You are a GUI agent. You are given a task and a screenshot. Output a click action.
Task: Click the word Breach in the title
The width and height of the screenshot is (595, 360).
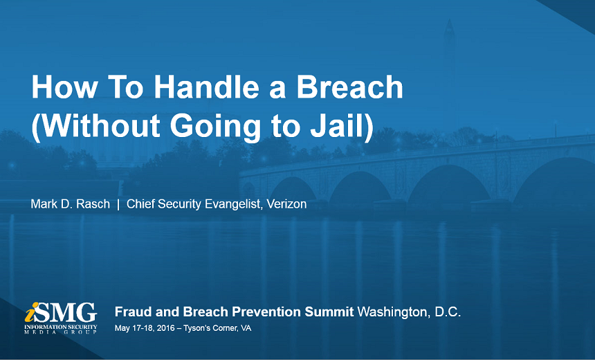click(x=349, y=87)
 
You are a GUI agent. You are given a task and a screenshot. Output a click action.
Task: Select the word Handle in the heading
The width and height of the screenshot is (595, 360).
click(x=206, y=87)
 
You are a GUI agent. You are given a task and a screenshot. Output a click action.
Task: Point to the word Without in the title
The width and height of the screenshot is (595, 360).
click(x=95, y=126)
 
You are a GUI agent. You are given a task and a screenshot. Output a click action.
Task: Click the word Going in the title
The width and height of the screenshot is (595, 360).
click(x=215, y=128)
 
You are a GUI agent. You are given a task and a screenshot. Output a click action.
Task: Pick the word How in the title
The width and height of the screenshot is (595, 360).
click(x=64, y=87)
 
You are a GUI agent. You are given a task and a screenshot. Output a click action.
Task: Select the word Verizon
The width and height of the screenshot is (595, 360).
click(x=286, y=204)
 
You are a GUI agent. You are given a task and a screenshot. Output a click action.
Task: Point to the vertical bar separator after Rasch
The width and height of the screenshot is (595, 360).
click(x=118, y=204)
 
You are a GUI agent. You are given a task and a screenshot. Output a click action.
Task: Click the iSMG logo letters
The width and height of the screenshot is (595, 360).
click(x=61, y=312)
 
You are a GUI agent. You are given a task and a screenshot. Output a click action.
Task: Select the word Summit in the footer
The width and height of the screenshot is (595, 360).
click(x=329, y=312)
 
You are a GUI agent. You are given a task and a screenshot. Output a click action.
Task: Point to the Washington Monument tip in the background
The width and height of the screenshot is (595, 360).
click(x=450, y=20)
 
